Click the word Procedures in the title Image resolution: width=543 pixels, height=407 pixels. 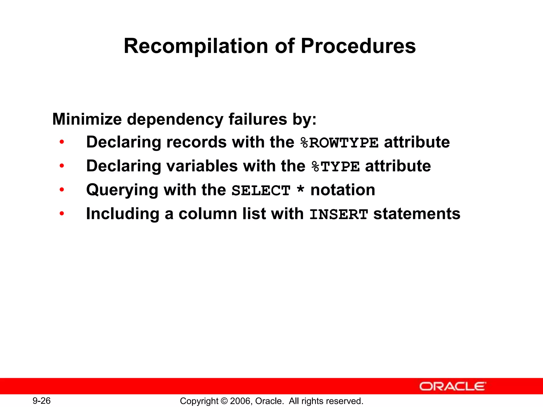point(358,46)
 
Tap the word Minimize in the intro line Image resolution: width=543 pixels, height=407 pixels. point(87,119)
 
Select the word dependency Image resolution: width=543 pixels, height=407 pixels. point(175,120)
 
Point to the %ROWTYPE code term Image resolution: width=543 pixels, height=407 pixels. point(339,143)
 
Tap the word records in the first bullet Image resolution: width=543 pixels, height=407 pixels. point(196,142)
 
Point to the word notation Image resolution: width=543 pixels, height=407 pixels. point(343,190)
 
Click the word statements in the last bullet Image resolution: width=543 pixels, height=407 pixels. point(417,214)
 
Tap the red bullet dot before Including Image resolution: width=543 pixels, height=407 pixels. point(62,214)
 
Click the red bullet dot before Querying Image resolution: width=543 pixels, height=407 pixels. point(62,190)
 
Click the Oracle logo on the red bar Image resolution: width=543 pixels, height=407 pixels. point(453,386)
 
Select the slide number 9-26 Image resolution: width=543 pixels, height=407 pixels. point(42,401)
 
